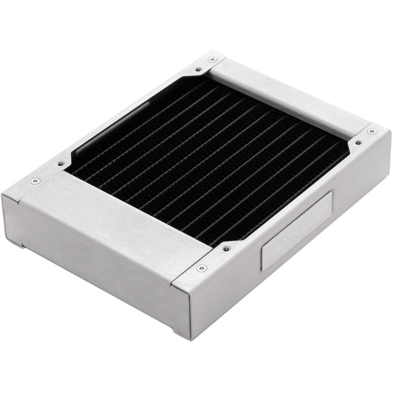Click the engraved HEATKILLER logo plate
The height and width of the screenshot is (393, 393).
tap(297, 230)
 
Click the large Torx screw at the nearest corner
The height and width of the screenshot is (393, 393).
tap(201, 268)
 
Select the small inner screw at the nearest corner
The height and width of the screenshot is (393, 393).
tap(226, 248)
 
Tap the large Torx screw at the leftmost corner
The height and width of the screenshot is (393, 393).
tap(33, 181)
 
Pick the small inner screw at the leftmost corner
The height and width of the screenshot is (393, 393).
tap(60, 164)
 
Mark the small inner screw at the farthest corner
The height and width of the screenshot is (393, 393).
tap(198, 69)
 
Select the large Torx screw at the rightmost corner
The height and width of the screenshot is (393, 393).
tap(372, 131)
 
